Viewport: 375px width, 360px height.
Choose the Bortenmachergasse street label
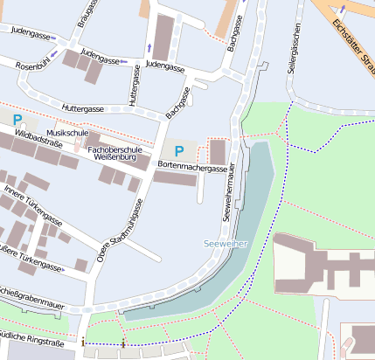193,166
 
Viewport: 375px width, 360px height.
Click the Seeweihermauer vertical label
228,190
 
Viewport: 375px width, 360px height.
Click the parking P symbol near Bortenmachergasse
179,150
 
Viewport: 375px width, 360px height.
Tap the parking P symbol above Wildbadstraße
17,117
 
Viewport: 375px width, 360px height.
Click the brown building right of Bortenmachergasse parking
218,150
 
